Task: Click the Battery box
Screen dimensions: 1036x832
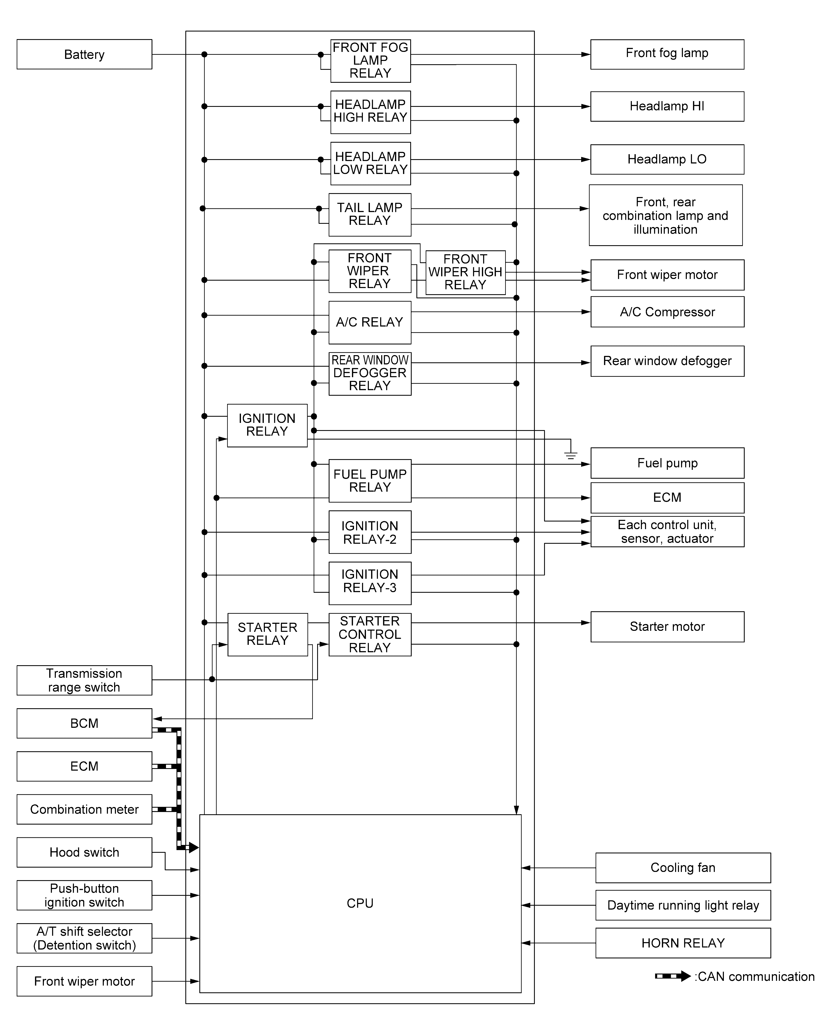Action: [x=84, y=54]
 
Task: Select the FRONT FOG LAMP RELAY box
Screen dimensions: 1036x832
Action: [x=370, y=61]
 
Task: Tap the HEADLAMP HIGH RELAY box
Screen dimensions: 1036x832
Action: [x=370, y=112]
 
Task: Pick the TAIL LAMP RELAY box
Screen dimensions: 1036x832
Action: [x=370, y=214]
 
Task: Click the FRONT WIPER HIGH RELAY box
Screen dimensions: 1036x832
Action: [x=465, y=272]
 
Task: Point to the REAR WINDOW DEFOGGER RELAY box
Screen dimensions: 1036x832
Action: [x=370, y=373]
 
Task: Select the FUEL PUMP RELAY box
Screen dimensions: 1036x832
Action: [x=370, y=481]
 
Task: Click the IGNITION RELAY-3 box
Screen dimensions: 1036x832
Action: [x=370, y=582]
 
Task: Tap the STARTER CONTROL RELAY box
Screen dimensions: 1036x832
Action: [x=370, y=634]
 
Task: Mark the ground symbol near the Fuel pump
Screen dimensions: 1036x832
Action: [x=570, y=455]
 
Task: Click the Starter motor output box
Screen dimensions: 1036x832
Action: [x=667, y=626]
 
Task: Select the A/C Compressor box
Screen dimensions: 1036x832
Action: [x=667, y=312]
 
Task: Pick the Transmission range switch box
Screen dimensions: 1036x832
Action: [x=84, y=680]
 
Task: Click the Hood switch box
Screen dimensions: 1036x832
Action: [x=84, y=852]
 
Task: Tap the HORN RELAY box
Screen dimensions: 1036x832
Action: [x=682, y=943]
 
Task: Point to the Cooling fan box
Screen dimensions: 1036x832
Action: [x=682, y=867]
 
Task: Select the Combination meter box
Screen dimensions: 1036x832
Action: [x=84, y=809]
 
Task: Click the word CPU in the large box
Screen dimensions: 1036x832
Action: [x=360, y=903]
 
